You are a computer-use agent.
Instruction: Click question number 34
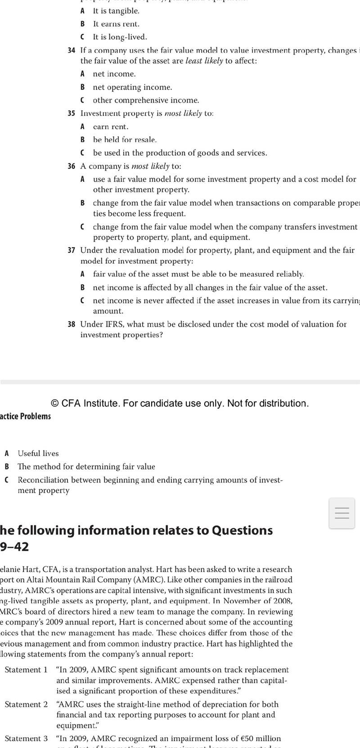point(71,50)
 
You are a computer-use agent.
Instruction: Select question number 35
point(71,113)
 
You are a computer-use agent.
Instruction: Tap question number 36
point(71,166)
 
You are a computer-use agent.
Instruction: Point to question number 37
point(71,250)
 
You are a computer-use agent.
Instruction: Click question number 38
point(71,324)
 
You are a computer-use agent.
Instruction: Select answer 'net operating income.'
point(132,87)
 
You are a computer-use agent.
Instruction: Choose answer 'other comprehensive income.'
point(146,100)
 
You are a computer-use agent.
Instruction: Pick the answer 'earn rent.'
point(111,127)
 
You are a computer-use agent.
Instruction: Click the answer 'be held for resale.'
point(125,140)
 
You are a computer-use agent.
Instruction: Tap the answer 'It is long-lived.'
point(120,37)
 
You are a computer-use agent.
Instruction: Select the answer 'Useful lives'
point(38,453)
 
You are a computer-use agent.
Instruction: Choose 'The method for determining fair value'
point(86,467)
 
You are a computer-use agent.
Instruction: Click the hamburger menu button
point(342,513)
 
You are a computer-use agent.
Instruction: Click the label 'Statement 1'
point(26,670)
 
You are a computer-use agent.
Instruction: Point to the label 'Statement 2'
point(26,704)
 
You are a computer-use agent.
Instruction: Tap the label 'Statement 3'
point(26,739)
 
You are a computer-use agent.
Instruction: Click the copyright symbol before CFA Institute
point(55,403)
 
